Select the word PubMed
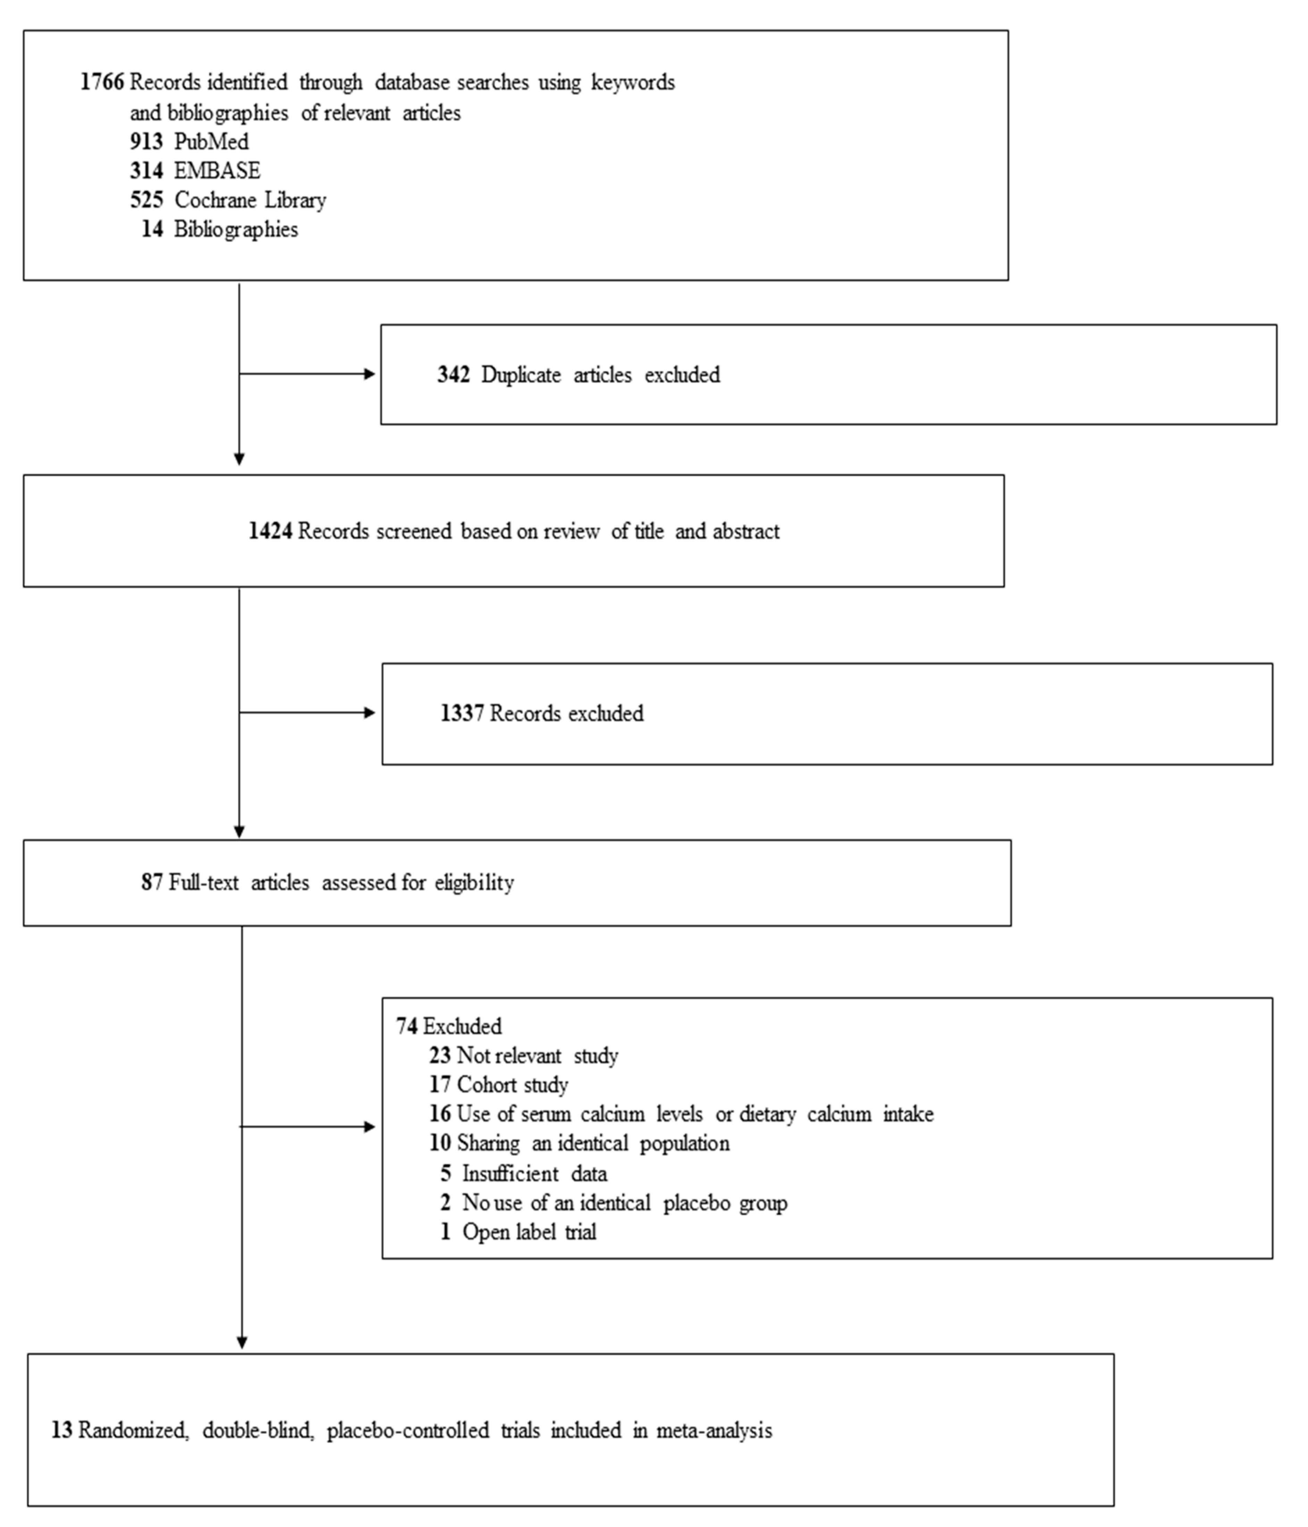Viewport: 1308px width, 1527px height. [x=211, y=142]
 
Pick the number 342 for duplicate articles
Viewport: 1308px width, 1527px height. [x=453, y=375]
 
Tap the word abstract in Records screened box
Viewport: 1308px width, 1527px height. [x=746, y=531]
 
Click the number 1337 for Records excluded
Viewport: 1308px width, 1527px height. [x=462, y=714]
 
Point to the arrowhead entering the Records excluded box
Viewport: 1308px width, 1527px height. [x=370, y=713]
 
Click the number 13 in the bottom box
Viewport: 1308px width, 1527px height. [x=62, y=1430]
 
